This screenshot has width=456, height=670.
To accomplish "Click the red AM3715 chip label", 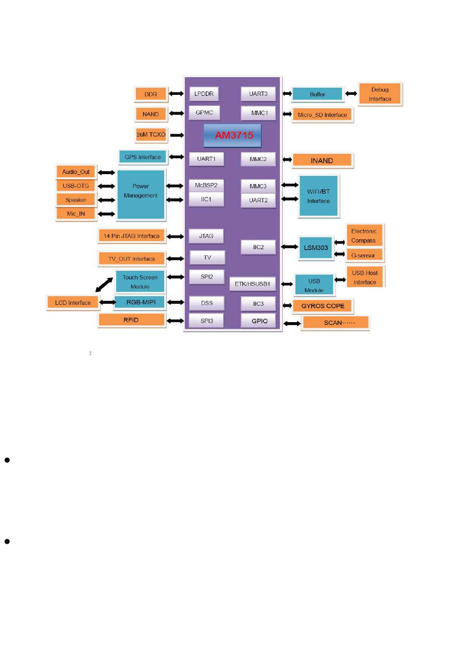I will pos(234,135).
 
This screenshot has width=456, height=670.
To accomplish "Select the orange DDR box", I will pos(151,94).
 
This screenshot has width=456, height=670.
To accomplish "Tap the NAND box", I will pos(151,114).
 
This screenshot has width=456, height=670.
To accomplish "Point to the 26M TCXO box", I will pos(151,135).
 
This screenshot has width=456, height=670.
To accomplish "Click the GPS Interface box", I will pos(143,157).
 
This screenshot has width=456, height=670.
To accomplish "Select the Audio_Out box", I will pos(76,172).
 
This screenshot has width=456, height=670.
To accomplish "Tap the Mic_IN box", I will pos(76,214).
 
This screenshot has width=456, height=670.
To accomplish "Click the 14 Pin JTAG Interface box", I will pos(132,236).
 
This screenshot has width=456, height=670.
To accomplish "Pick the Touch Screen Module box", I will pos(140,282).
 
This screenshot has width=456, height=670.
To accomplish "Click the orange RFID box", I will pos(131,320).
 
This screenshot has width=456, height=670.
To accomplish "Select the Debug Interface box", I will pos(380,94).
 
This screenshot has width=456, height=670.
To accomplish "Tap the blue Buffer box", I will pos(317,94).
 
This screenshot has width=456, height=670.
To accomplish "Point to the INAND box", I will pos(322,161).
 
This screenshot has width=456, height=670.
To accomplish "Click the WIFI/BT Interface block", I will pos(318,196).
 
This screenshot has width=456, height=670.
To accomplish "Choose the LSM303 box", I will pos(315,248).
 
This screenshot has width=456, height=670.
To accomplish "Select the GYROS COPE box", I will pos(323,306).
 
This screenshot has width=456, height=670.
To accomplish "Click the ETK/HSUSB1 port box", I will pos(252,284).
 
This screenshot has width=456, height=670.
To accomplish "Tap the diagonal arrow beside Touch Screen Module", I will pos(104,285).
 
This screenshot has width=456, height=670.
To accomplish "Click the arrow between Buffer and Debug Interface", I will pos(351,94).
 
